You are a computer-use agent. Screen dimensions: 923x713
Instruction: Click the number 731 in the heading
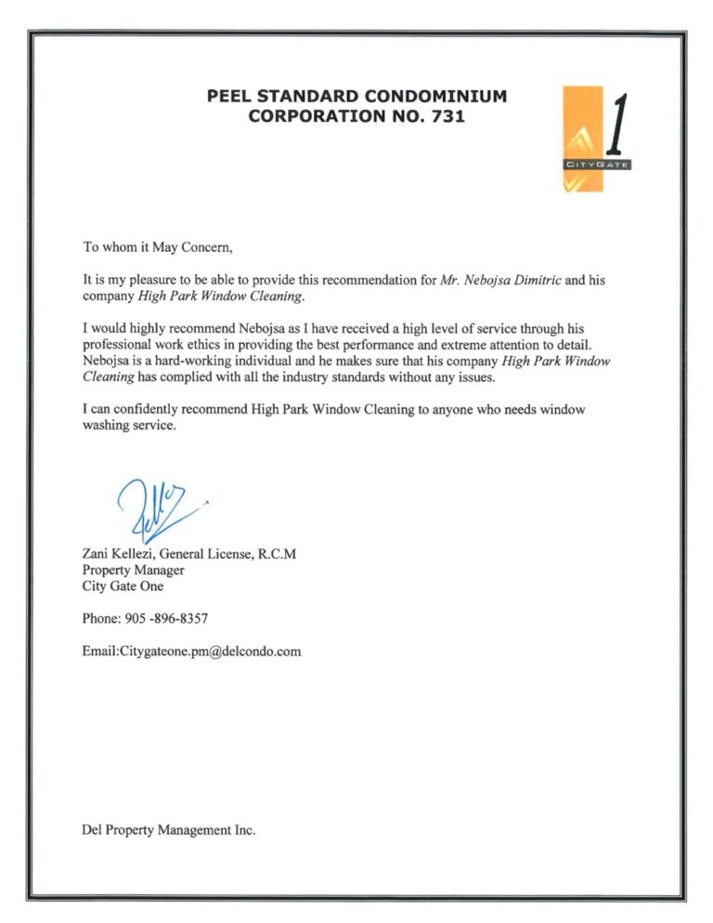(x=442, y=117)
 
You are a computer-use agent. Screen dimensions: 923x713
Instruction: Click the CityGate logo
(x=596, y=138)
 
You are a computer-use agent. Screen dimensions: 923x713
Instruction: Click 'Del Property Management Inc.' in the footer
(x=169, y=829)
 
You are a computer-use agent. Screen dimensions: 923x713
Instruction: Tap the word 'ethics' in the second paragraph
(x=221, y=345)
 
